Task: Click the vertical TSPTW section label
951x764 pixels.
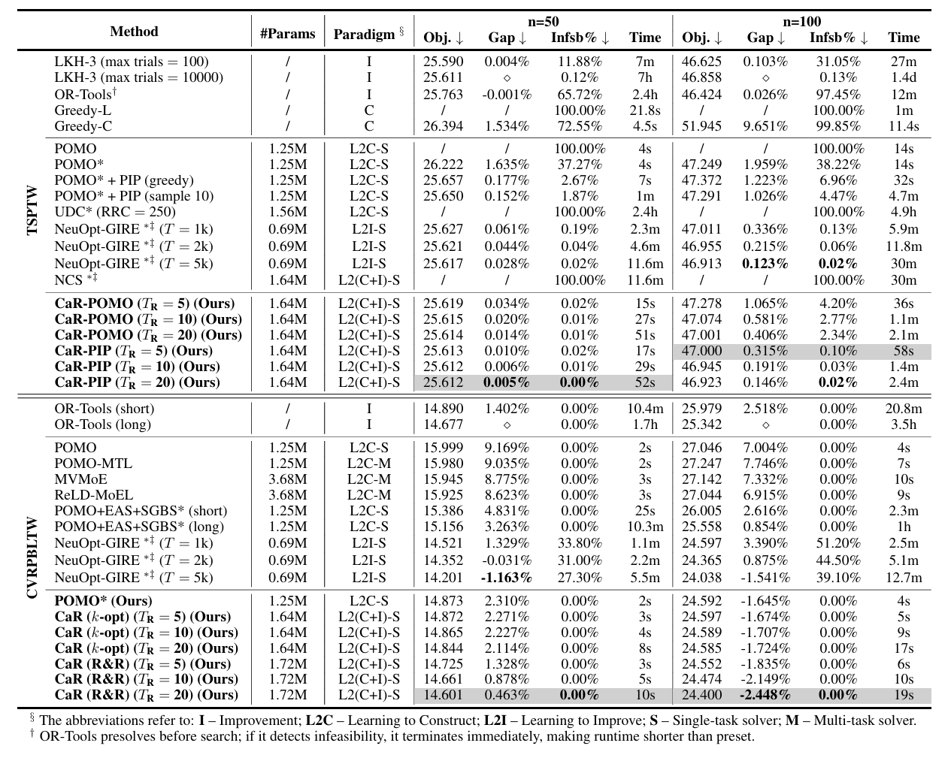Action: [x=32, y=210]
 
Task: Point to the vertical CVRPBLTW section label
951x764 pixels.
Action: [x=32, y=557]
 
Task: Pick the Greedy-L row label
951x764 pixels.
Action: [x=83, y=110]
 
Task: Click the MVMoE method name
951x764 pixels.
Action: [x=80, y=479]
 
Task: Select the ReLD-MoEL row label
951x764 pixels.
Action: [x=93, y=495]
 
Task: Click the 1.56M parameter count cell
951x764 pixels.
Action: [x=288, y=212]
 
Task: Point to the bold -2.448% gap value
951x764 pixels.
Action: [x=765, y=696]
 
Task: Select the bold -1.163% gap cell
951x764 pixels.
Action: [x=507, y=578]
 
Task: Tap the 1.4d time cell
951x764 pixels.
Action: [x=903, y=77]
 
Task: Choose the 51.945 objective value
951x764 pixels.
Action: [x=701, y=126]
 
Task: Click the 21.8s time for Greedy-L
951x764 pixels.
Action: [x=645, y=110]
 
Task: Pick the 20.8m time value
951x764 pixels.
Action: [x=903, y=409]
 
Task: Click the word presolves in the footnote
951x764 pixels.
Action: [x=117, y=736]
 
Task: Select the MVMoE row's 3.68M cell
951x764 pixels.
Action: [x=288, y=479]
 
